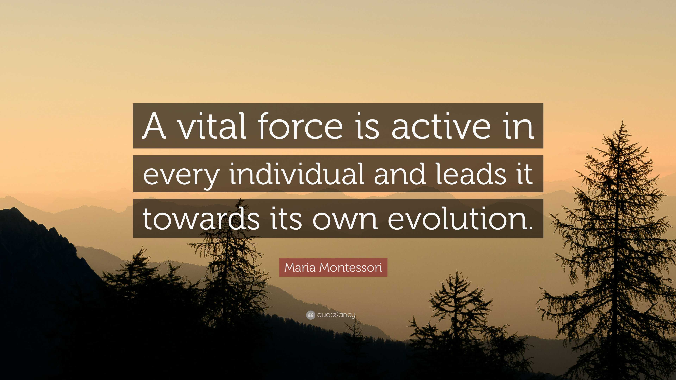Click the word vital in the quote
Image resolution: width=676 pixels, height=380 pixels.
click(212, 126)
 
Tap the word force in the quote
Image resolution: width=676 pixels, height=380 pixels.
click(301, 126)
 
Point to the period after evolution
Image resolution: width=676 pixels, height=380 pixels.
click(530, 227)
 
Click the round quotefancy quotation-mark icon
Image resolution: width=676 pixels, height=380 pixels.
click(310, 315)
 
